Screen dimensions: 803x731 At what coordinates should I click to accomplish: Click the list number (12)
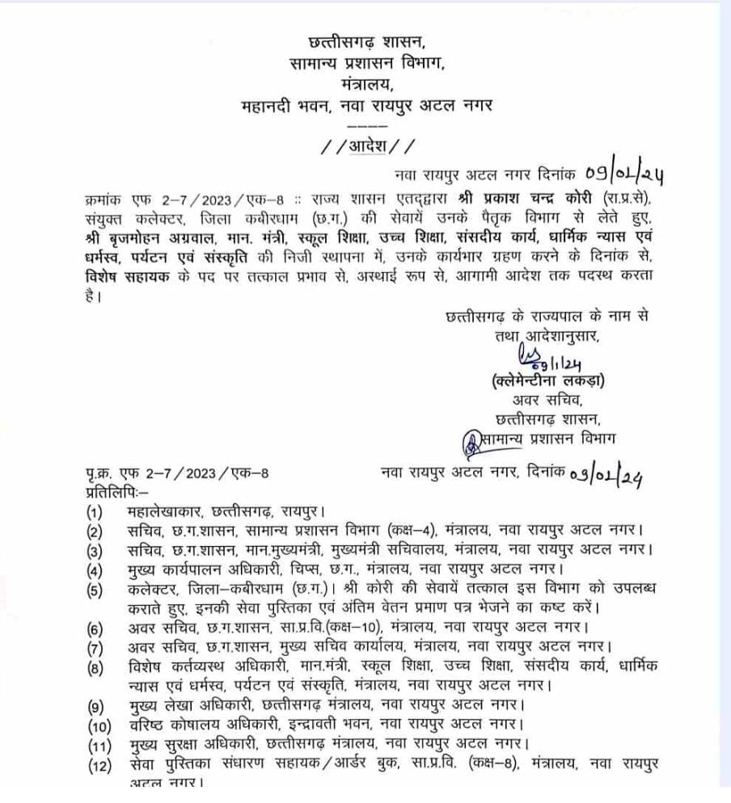pos(99,763)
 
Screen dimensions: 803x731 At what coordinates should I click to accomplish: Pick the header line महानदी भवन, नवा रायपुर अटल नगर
pos(365,104)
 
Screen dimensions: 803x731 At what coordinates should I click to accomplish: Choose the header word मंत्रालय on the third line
pos(365,82)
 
